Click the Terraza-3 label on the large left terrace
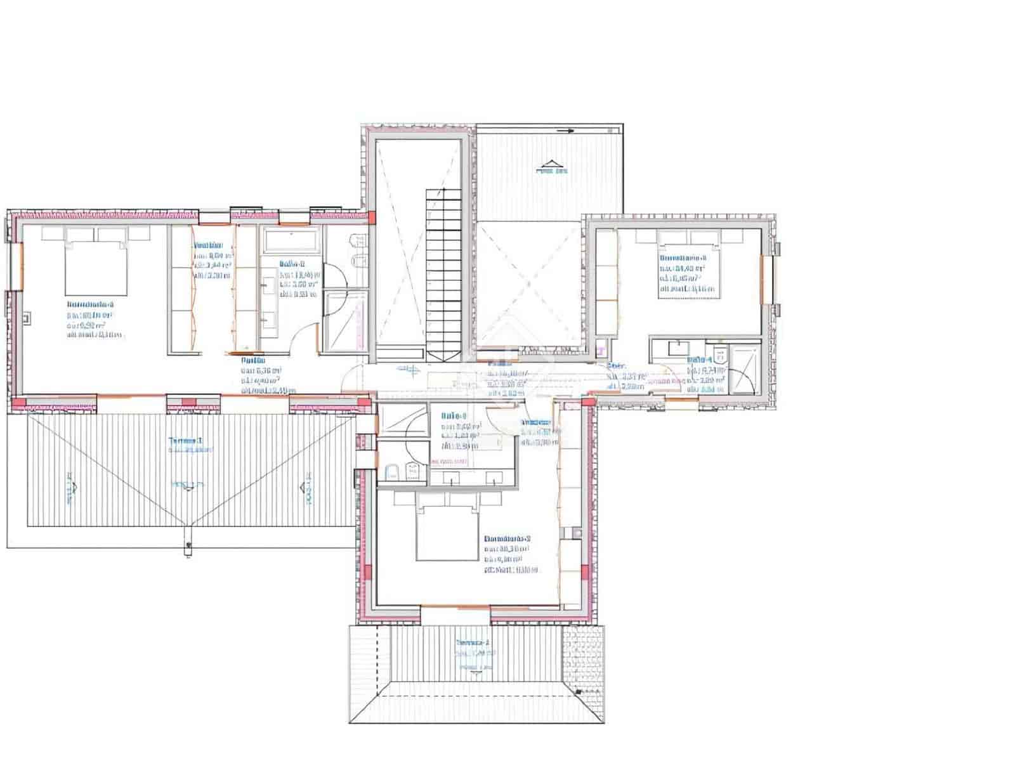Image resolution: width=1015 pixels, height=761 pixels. [185, 440]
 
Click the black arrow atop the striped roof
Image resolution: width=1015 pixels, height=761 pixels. [568, 131]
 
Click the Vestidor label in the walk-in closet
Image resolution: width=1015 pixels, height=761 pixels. [207, 245]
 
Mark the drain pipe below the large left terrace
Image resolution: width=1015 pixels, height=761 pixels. [188, 545]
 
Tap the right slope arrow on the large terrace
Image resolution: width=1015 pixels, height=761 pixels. [308, 487]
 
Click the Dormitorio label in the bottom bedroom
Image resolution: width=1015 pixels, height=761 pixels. [507, 538]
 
